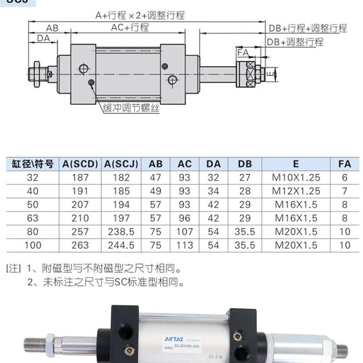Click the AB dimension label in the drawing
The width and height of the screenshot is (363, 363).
(x=52, y=28)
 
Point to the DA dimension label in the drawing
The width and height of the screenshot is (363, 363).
(x=43, y=39)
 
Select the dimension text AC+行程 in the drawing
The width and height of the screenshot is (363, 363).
(x=130, y=28)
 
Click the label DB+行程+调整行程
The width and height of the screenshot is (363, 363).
(x=308, y=29)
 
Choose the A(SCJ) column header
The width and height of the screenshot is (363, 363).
(x=121, y=164)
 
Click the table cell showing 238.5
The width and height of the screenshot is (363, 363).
(x=121, y=232)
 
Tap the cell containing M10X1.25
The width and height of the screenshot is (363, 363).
(x=296, y=177)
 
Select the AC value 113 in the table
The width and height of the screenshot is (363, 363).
(x=185, y=245)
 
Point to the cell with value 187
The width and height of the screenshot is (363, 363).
(x=80, y=177)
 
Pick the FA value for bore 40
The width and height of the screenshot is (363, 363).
(x=344, y=191)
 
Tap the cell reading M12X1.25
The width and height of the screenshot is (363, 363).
(x=296, y=191)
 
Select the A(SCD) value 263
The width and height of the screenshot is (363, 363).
(x=80, y=245)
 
